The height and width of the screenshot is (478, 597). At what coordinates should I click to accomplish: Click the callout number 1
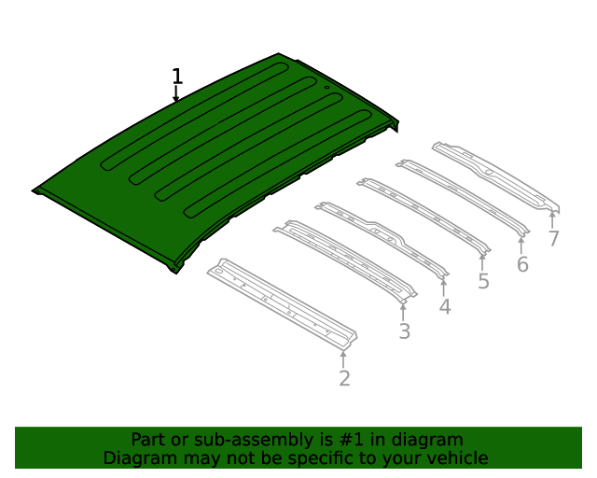(177, 77)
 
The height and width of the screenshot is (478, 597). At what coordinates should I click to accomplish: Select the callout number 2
(344, 378)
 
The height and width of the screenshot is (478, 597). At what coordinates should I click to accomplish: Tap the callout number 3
(404, 330)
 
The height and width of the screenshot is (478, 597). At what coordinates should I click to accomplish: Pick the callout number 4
(445, 307)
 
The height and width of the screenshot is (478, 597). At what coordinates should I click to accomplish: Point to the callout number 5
(483, 281)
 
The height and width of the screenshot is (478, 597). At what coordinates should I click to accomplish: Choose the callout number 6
(522, 264)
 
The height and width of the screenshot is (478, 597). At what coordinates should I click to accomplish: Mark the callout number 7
(553, 239)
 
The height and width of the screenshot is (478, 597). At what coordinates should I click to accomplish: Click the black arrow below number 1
(175, 93)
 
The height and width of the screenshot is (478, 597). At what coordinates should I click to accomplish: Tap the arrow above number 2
(343, 359)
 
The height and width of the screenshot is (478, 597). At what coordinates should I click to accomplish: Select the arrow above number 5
(482, 262)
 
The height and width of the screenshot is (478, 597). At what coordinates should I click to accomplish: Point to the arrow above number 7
(552, 220)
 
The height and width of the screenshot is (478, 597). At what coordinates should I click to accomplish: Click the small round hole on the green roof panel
(326, 87)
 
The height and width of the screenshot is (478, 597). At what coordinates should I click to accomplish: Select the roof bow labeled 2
(282, 303)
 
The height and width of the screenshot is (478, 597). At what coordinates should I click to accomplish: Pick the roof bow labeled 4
(382, 239)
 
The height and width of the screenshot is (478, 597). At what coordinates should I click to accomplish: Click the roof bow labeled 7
(495, 177)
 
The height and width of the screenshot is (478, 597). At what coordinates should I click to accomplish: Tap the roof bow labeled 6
(463, 197)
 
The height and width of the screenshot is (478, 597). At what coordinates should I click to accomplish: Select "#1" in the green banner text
(351, 440)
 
